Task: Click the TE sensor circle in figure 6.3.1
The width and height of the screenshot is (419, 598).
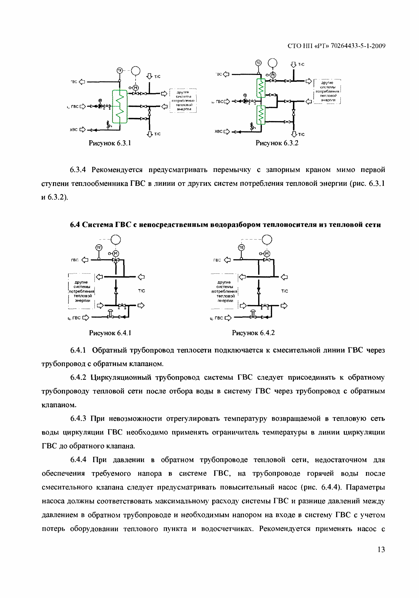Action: coord(119,71)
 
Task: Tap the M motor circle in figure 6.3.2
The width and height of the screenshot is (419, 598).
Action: coord(273,75)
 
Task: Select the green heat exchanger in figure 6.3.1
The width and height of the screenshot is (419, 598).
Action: coord(120,106)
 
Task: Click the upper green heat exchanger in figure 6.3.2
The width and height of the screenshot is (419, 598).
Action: coord(261,88)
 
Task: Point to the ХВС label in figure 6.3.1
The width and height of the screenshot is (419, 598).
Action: coord(73,129)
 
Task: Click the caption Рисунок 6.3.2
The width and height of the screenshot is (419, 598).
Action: coord(277,143)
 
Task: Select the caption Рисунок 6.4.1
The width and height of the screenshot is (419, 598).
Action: coord(110,333)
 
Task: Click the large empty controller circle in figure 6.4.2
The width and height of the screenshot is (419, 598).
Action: coord(267,239)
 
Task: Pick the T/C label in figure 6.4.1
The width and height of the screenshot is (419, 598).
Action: coord(142,291)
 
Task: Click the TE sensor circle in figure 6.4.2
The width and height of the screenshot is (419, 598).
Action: coord(242,247)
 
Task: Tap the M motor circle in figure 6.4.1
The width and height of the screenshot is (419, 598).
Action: coord(116,253)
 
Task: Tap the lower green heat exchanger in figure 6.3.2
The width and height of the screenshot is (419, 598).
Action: coord(261,115)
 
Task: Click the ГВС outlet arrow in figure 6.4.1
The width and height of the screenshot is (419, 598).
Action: coord(85,260)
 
